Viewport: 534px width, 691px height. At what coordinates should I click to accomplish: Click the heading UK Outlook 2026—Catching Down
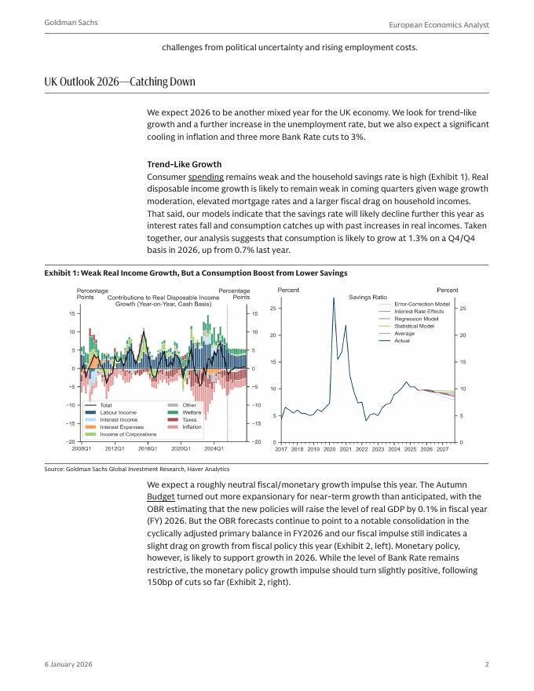[x=120, y=82]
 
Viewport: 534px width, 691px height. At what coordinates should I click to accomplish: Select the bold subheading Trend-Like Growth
[x=184, y=165]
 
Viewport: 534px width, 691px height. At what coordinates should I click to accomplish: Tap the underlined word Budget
[x=160, y=497]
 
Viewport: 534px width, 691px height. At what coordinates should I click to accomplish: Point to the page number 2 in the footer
[x=487, y=664]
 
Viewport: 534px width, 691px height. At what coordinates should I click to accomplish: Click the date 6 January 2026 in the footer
[x=68, y=664]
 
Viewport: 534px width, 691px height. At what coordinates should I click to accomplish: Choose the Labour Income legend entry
[x=118, y=412]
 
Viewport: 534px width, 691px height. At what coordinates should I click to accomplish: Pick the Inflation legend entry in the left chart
[x=192, y=427]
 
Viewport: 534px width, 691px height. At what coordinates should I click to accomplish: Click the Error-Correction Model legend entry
[x=422, y=304]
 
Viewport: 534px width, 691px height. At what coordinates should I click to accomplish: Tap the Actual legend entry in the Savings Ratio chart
[x=402, y=340]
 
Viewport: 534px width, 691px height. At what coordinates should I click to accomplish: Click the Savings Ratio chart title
[x=368, y=298]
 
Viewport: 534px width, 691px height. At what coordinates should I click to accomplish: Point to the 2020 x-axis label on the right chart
[x=330, y=449]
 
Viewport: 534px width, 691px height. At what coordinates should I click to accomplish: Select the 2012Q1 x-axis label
[x=115, y=448]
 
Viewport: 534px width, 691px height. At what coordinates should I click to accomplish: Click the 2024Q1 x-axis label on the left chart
[x=214, y=448]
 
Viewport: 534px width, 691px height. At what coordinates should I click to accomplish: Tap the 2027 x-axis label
[x=443, y=449]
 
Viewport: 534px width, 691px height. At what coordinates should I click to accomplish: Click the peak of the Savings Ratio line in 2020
[x=334, y=298]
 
